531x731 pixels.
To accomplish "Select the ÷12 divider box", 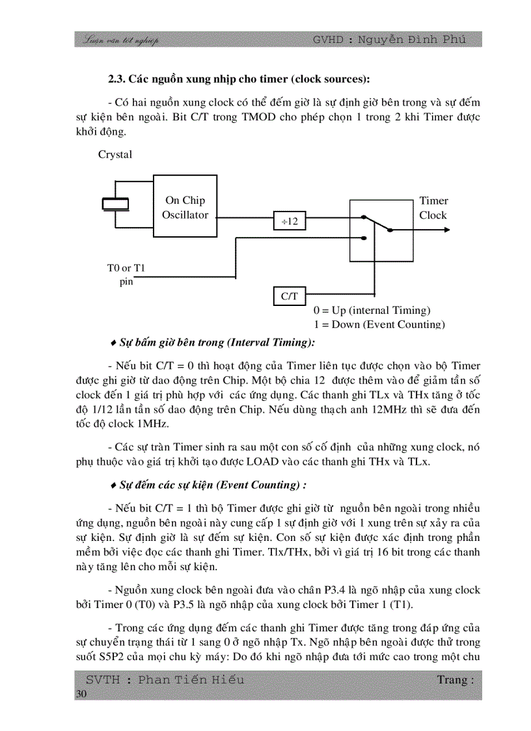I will pos(289,221).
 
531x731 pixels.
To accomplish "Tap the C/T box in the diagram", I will pos(289,296).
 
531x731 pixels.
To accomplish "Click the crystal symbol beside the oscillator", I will pos(116,204).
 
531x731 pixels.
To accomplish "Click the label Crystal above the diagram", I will pos(115,154).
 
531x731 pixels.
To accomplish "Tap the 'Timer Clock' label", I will pos(433,208).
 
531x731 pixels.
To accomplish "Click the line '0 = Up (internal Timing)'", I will pos(372,310).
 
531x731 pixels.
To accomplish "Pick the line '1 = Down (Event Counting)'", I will pos(379,324).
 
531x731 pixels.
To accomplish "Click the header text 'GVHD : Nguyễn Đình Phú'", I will pos(389,40).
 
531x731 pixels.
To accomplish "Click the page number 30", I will pos(81,694).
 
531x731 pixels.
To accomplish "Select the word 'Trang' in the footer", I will pos(452,680).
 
